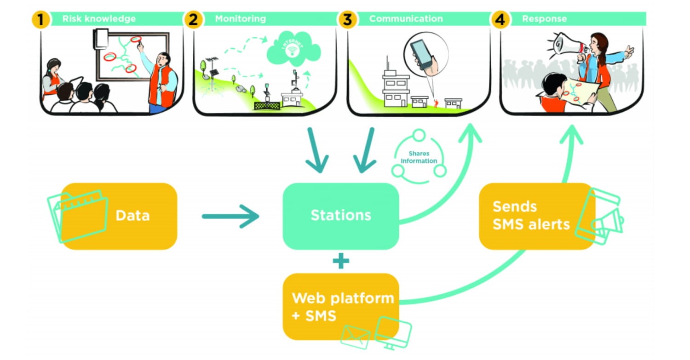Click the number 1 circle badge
tap(40, 20)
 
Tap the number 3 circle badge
tap(347, 20)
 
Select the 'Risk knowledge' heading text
tap(99, 19)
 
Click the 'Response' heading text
tap(544, 19)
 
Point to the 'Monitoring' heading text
tap(240, 19)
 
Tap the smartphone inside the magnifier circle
tap(422, 53)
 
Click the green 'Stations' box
tap(340, 216)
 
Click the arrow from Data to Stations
tap(230, 216)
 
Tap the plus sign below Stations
tap(341, 261)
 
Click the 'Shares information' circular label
tap(419, 158)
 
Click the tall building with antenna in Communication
tap(396, 87)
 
